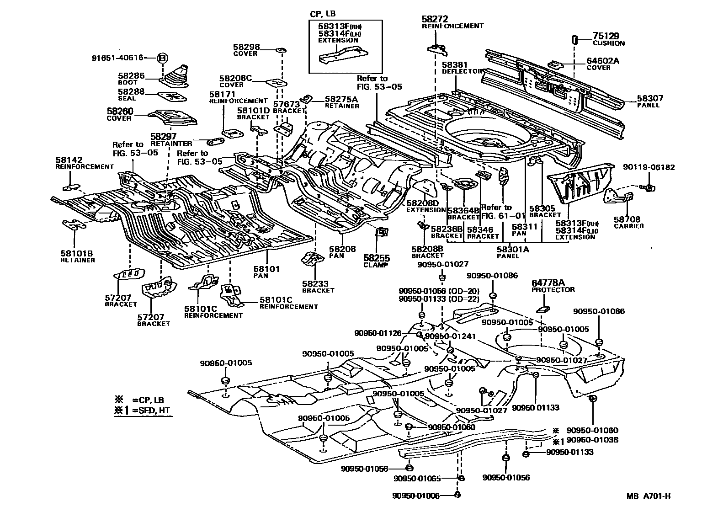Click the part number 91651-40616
point(117,58)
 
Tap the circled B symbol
point(163,58)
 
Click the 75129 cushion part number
point(606,36)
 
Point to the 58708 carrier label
point(628,219)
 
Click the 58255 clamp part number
point(376,258)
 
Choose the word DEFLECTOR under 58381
point(462,71)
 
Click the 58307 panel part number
point(650,98)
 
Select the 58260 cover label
point(120,111)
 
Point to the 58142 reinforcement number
point(69,160)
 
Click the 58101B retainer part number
point(77,253)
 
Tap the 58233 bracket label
point(315,284)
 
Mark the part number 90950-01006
point(416,496)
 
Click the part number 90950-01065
point(417,479)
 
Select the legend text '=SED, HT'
point(151,411)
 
